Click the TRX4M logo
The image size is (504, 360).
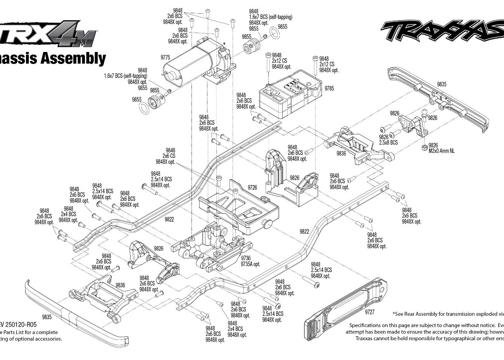(x=48, y=33)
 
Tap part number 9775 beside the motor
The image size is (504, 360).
(x=166, y=58)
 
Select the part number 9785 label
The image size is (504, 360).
(x=329, y=88)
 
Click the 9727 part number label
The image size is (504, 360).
(x=370, y=312)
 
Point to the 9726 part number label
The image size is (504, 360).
(x=252, y=187)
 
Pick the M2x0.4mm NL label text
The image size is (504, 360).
(x=442, y=151)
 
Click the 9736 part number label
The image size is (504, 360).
(x=246, y=258)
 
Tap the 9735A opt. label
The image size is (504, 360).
(x=250, y=264)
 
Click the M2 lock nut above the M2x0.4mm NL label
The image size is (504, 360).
(x=425, y=148)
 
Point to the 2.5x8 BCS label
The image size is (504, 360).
(x=388, y=142)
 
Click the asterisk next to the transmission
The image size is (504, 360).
(x=224, y=44)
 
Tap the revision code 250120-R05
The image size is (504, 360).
(x=21, y=325)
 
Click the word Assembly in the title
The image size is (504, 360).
(x=73, y=58)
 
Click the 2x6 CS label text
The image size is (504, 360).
(x=169, y=156)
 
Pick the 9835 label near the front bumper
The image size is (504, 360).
(x=47, y=317)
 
